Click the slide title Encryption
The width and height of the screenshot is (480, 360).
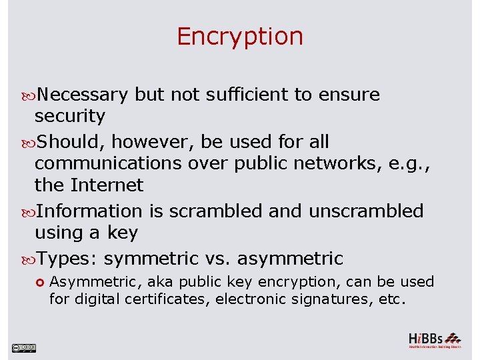[x=240, y=36]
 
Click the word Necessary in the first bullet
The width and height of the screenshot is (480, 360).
[x=82, y=95]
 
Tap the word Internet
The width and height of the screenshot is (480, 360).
[x=108, y=185]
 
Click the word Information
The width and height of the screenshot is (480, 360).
[x=89, y=211]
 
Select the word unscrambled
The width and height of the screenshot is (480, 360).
[x=366, y=211]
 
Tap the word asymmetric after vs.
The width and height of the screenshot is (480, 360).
[x=290, y=259]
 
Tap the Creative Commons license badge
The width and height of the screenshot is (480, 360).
[x=23, y=347]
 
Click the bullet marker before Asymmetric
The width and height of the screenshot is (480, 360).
[x=40, y=282]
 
